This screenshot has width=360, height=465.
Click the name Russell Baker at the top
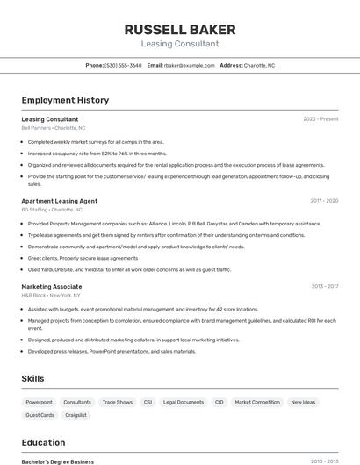click(x=179, y=29)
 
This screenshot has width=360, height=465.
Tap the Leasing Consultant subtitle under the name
click(x=179, y=44)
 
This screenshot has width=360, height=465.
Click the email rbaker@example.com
click(x=190, y=65)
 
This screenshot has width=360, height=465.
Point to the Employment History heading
click(x=65, y=100)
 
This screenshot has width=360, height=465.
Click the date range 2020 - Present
click(x=320, y=119)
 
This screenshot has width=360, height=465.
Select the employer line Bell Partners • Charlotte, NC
click(x=54, y=128)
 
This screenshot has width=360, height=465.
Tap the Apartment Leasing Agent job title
click(x=59, y=201)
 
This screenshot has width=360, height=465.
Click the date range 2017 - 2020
click(x=323, y=201)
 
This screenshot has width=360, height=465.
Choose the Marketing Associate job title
click(x=52, y=286)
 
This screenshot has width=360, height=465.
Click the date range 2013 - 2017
click(x=324, y=286)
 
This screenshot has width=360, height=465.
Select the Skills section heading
click(x=33, y=378)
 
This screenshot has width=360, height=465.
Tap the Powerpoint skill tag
click(x=39, y=402)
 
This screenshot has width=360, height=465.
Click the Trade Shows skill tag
click(x=117, y=402)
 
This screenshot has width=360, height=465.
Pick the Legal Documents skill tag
click(x=184, y=402)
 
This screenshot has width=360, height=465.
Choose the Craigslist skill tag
click(x=76, y=415)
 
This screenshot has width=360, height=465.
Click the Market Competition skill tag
click(x=257, y=402)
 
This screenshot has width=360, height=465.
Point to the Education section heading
click(x=43, y=442)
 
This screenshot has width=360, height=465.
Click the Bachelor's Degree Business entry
click(x=57, y=461)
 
